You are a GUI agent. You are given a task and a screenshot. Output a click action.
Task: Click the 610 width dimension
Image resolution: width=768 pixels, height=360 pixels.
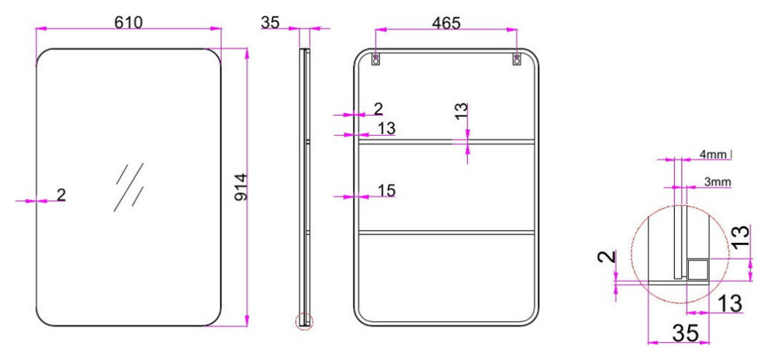pyautogui.click(x=128, y=22)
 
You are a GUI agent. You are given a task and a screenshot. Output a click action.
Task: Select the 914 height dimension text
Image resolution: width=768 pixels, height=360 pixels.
pyautogui.click(x=240, y=187)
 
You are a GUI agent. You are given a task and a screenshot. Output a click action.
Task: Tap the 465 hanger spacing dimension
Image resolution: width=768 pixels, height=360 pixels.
pyautogui.click(x=446, y=23)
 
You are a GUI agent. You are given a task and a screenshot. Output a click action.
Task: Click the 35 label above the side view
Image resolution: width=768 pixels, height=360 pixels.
pyautogui.click(x=270, y=22)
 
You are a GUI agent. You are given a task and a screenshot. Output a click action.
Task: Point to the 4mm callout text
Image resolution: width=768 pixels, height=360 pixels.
pyautogui.click(x=713, y=154)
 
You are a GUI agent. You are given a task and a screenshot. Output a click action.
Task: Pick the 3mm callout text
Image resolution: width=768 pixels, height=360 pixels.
pyautogui.click(x=718, y=182)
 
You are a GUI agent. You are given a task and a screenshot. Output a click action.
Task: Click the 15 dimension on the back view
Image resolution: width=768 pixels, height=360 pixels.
pyautogui.click(x=386, y=191)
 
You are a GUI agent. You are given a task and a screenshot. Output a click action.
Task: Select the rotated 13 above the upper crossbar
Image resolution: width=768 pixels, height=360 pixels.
pyautogui.click(x=461, y=112)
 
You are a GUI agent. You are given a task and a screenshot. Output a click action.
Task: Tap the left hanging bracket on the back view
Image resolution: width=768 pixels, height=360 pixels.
pyautogui.click(x=375, y=60)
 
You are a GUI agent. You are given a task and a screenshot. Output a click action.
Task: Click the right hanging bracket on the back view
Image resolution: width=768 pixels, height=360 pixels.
pyautogui.click(x=517, y=60)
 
